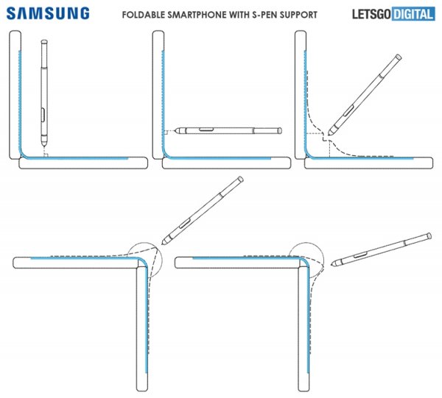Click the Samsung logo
[48, 13]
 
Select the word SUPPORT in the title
[298, 15]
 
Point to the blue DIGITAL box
[413, 14]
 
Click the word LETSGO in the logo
[371, 14]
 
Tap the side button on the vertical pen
[43, 114]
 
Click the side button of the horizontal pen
[206, 129]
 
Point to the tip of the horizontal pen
[175, 131]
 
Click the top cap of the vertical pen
[44, 42]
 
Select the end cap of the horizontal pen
[280, 130]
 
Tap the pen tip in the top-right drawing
[329, 134]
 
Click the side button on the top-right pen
[348, 110]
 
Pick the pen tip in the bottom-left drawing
[163, 243]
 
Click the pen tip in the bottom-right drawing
[332, 265]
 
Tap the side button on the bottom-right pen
[360, 255]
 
